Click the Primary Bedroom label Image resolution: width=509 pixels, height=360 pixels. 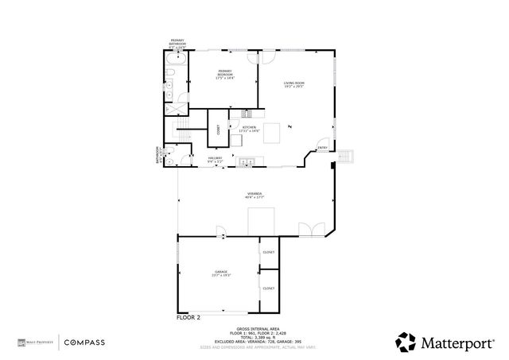[225, 73]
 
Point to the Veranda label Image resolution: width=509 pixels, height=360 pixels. [254, 195]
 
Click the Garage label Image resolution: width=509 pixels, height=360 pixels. [220, 273]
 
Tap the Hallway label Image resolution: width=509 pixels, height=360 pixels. [215, 159]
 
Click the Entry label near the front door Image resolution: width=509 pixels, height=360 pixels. [322, 148]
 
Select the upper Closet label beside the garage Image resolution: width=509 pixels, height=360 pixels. [268, 252]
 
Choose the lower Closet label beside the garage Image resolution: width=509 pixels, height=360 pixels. [268, 288]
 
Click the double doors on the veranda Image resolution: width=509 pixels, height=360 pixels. [309, 230]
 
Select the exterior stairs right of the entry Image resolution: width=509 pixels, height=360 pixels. [347, 153]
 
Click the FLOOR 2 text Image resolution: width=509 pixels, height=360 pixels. [188, 317]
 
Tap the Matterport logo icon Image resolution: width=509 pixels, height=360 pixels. [406, 342]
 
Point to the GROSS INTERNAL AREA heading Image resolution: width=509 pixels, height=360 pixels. [254, 327]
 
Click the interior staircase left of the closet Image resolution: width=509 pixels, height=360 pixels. [184, 135]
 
